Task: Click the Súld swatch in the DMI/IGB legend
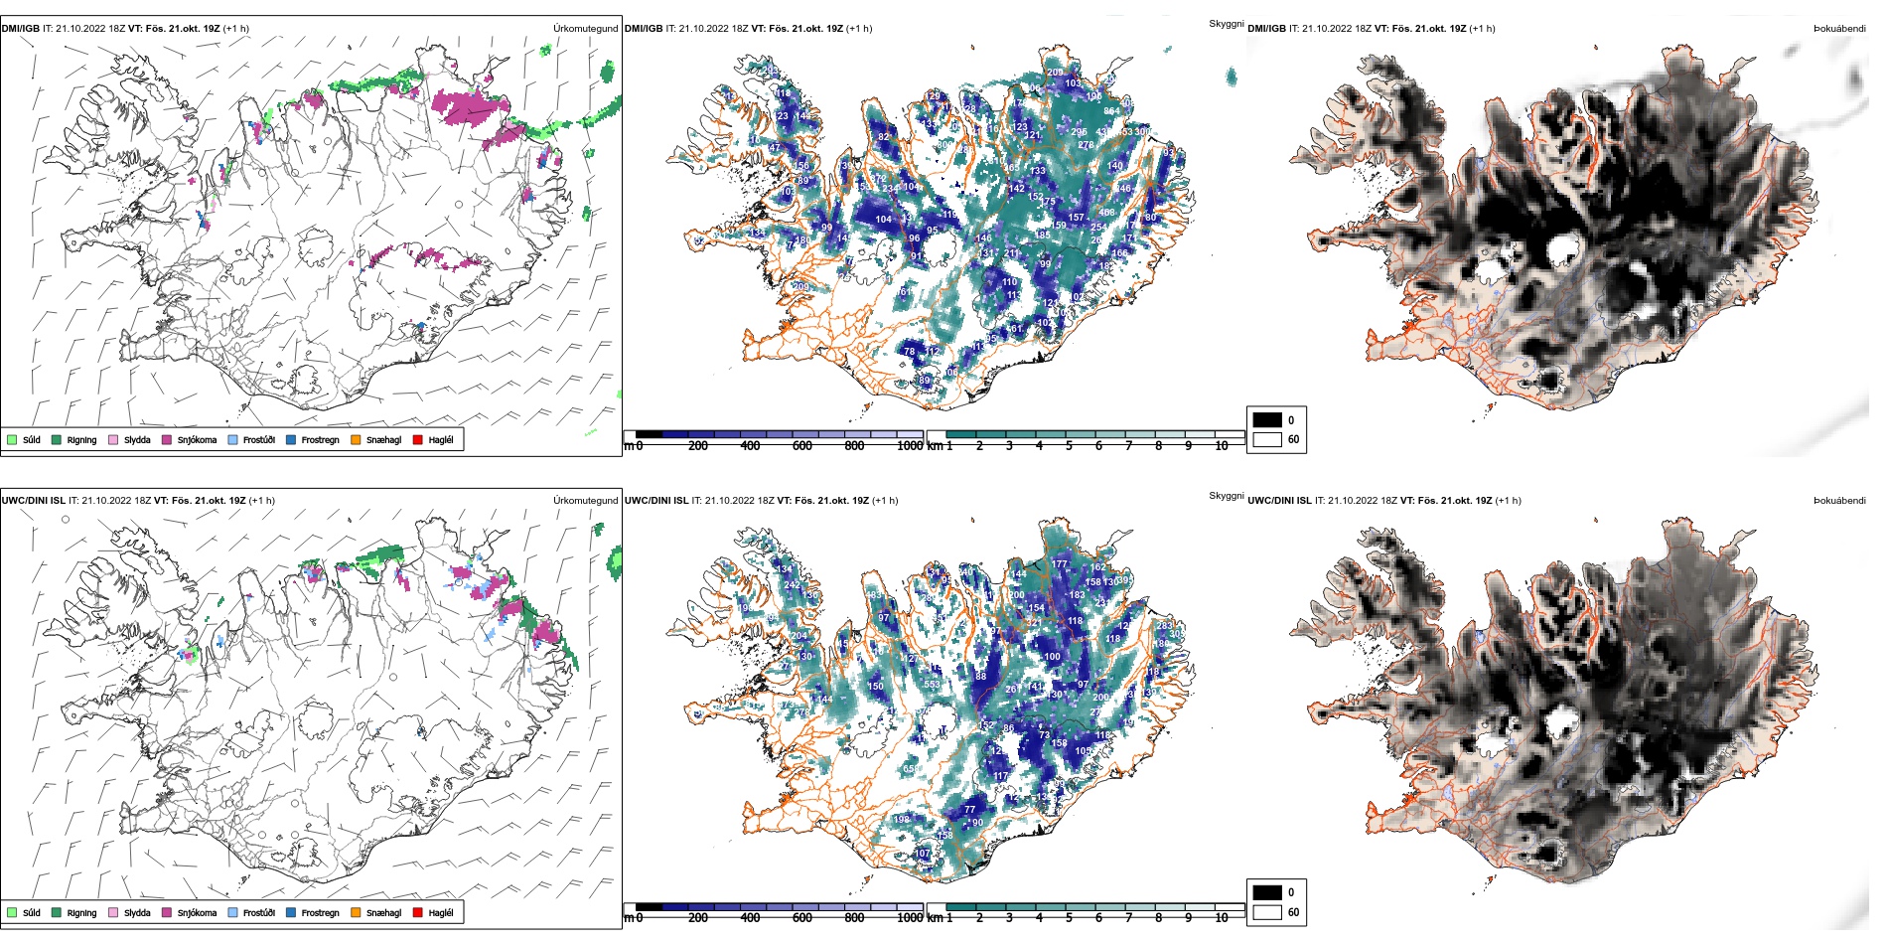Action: click(x=12, y=439)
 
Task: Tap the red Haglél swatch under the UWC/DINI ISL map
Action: click(x=418, y=912)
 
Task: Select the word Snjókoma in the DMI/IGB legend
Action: click(x=197, y=440)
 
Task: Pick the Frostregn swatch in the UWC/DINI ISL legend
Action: click(x=291, y=912)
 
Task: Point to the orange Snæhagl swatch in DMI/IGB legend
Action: click(x=356, y=439)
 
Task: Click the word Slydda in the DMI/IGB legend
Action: click(x=137, y=440)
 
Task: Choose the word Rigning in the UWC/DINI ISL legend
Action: click(x=81, y=913)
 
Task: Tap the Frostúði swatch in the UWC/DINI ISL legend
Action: click(x=233, y=912)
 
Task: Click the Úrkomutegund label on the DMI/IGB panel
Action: click(x=585, y=29)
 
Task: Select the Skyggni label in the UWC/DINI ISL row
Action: click(x=1226, y=496)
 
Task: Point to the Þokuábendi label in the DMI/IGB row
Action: click(x=1839, y=29)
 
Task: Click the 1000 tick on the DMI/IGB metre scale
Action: click(x=910, y=446)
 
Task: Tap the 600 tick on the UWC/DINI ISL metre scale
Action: click(x=802, y=918)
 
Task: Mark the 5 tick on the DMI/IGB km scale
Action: click(x=1069, y=446)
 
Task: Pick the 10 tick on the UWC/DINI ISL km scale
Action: click(x=1222, y=918)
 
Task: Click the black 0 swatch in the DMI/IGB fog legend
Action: click(x=1267, y=420)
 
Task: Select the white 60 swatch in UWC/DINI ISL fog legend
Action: click(x=1267, y=912)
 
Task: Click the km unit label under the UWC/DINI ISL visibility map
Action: click(x=935, y=918)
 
